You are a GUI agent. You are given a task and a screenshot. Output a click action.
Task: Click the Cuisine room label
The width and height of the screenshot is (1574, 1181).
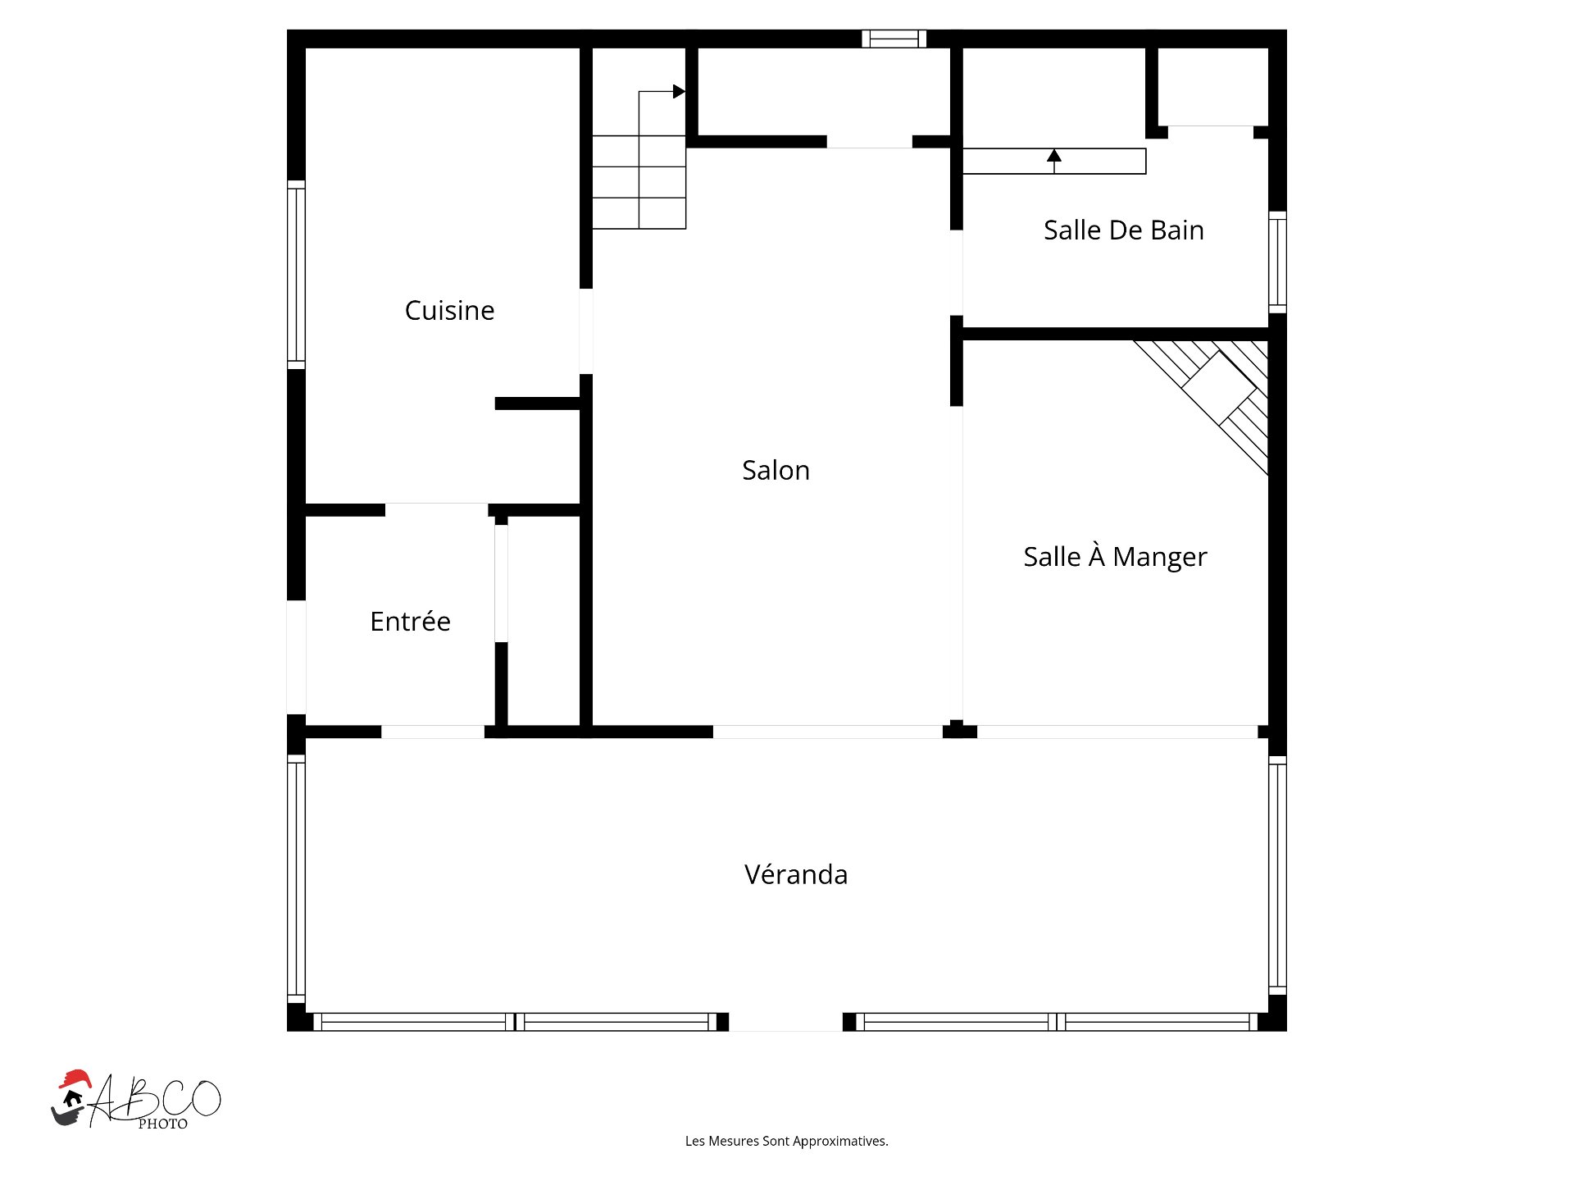click(449, 310)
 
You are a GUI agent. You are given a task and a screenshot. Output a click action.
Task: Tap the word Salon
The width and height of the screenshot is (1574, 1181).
click(776, 470)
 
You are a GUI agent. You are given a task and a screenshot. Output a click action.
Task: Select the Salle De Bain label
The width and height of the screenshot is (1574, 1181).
click(1123, 230)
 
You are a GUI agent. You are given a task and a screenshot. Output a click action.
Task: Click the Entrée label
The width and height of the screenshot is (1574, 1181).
click(410, 621)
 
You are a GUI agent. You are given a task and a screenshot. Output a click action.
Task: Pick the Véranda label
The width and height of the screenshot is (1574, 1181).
click(796, 873)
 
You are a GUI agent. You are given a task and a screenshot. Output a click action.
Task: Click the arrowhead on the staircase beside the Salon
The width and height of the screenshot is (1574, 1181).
click(679, 91)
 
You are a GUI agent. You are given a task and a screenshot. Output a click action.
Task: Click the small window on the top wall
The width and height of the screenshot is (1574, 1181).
click(894, 39)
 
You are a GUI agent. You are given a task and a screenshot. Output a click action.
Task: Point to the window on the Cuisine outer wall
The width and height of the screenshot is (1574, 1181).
click(296, 275)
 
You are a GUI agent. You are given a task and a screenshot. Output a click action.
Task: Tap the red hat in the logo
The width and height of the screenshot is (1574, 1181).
click(75, 1078)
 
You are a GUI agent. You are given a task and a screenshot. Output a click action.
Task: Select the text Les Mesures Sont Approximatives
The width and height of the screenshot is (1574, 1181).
click(786, 1141)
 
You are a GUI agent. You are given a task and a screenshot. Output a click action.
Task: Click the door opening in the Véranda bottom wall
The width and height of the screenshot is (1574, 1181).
click(785, 1022)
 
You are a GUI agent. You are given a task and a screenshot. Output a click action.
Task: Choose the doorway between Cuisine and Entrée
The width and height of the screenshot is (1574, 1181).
click(436, 510)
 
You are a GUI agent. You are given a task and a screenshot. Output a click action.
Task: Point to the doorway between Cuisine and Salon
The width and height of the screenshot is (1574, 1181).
click(586, 331)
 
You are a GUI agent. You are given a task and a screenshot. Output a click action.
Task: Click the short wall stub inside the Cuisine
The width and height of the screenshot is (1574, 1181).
click(538, 404)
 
